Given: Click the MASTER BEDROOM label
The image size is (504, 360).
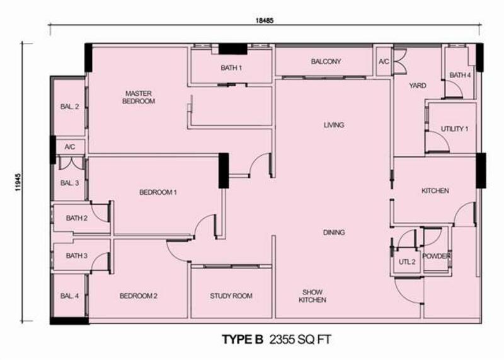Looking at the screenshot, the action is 139,97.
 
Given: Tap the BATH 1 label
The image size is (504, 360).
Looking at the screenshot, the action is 231,68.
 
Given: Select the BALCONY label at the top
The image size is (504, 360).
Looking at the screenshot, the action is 326,61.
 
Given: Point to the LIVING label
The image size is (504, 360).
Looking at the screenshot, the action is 334,125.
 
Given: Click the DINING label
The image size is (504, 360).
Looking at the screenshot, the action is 334,232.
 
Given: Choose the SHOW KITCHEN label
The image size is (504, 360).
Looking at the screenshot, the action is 312,296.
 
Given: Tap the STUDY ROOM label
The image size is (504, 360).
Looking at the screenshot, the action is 231,296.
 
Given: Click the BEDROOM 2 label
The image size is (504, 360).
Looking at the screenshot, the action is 139,296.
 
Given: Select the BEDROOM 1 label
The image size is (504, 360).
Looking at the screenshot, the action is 158,192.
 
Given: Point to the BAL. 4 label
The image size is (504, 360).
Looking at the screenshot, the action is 69,296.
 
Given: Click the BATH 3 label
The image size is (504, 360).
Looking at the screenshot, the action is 76,255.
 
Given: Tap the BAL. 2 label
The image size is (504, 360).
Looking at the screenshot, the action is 69,107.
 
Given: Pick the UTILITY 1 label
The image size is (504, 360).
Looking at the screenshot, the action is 454,129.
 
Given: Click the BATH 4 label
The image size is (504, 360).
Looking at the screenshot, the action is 460,75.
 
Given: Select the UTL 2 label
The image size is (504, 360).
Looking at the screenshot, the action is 407,262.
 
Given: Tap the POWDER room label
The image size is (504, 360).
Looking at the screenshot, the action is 436,256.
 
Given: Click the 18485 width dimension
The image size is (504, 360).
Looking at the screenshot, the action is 265,21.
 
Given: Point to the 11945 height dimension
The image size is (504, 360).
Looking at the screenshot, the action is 18,182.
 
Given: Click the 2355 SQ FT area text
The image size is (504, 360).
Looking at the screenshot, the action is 300,339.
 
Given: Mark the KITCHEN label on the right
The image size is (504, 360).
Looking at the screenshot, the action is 435,191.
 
